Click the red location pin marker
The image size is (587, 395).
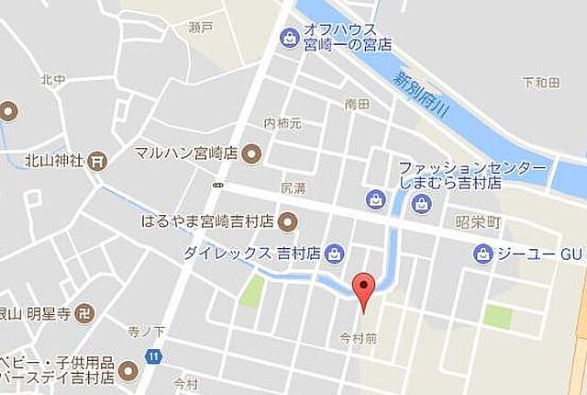coord(364,288)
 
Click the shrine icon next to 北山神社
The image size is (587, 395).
coord(98,161)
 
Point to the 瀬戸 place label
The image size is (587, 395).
coord(199,28)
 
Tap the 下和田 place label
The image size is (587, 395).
coord(540,84)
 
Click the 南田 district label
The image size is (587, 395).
coord(357,105)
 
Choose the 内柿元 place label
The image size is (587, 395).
coord(282,123)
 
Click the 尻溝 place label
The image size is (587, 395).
coord(292,186)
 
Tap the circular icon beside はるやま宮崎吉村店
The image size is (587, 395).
coord(287,220)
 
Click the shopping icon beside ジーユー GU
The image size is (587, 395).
coord(483,254)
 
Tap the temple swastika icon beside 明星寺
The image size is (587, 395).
coord(84,311)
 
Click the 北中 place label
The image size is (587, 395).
coord(51,80)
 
